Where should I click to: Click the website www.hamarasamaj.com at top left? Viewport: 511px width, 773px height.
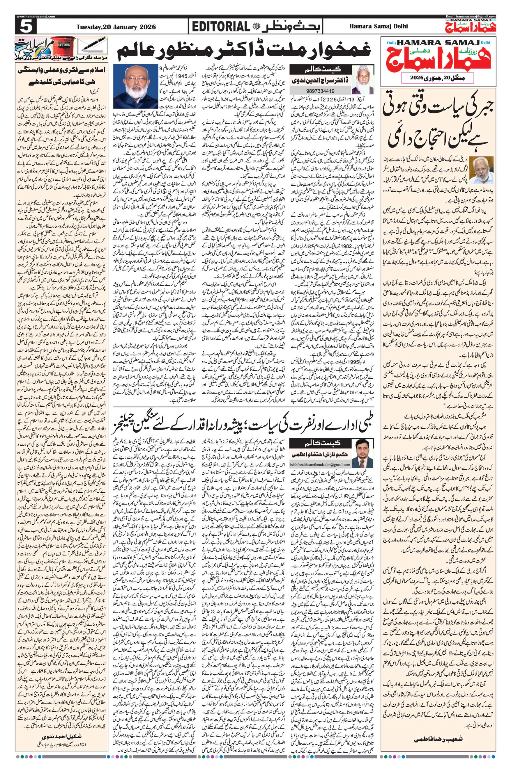pyautogui.click(x=36, y=16)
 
